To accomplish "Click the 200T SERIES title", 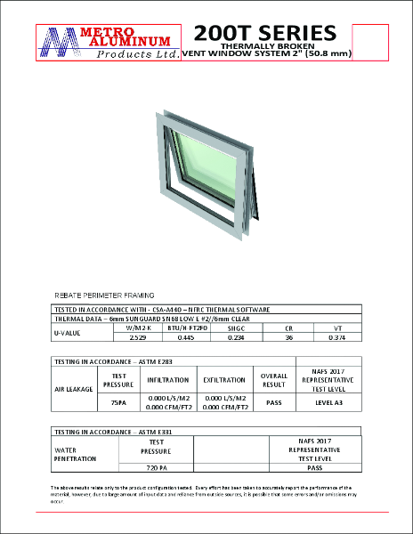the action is click(x=265, y=34).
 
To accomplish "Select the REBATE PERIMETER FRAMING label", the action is click(x=104, y=295).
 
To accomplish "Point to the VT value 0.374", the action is click(x=336, y=337).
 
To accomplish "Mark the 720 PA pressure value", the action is click(x=156, y=466).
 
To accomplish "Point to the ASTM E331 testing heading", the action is click(x=103, y=431).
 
